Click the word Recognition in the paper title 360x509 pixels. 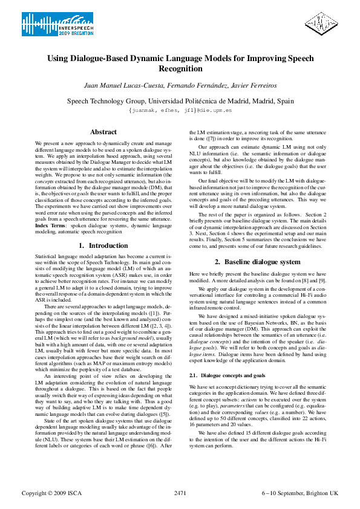point(180,70)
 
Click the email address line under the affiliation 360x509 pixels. point(180,111)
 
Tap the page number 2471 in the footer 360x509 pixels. point(180,494)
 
